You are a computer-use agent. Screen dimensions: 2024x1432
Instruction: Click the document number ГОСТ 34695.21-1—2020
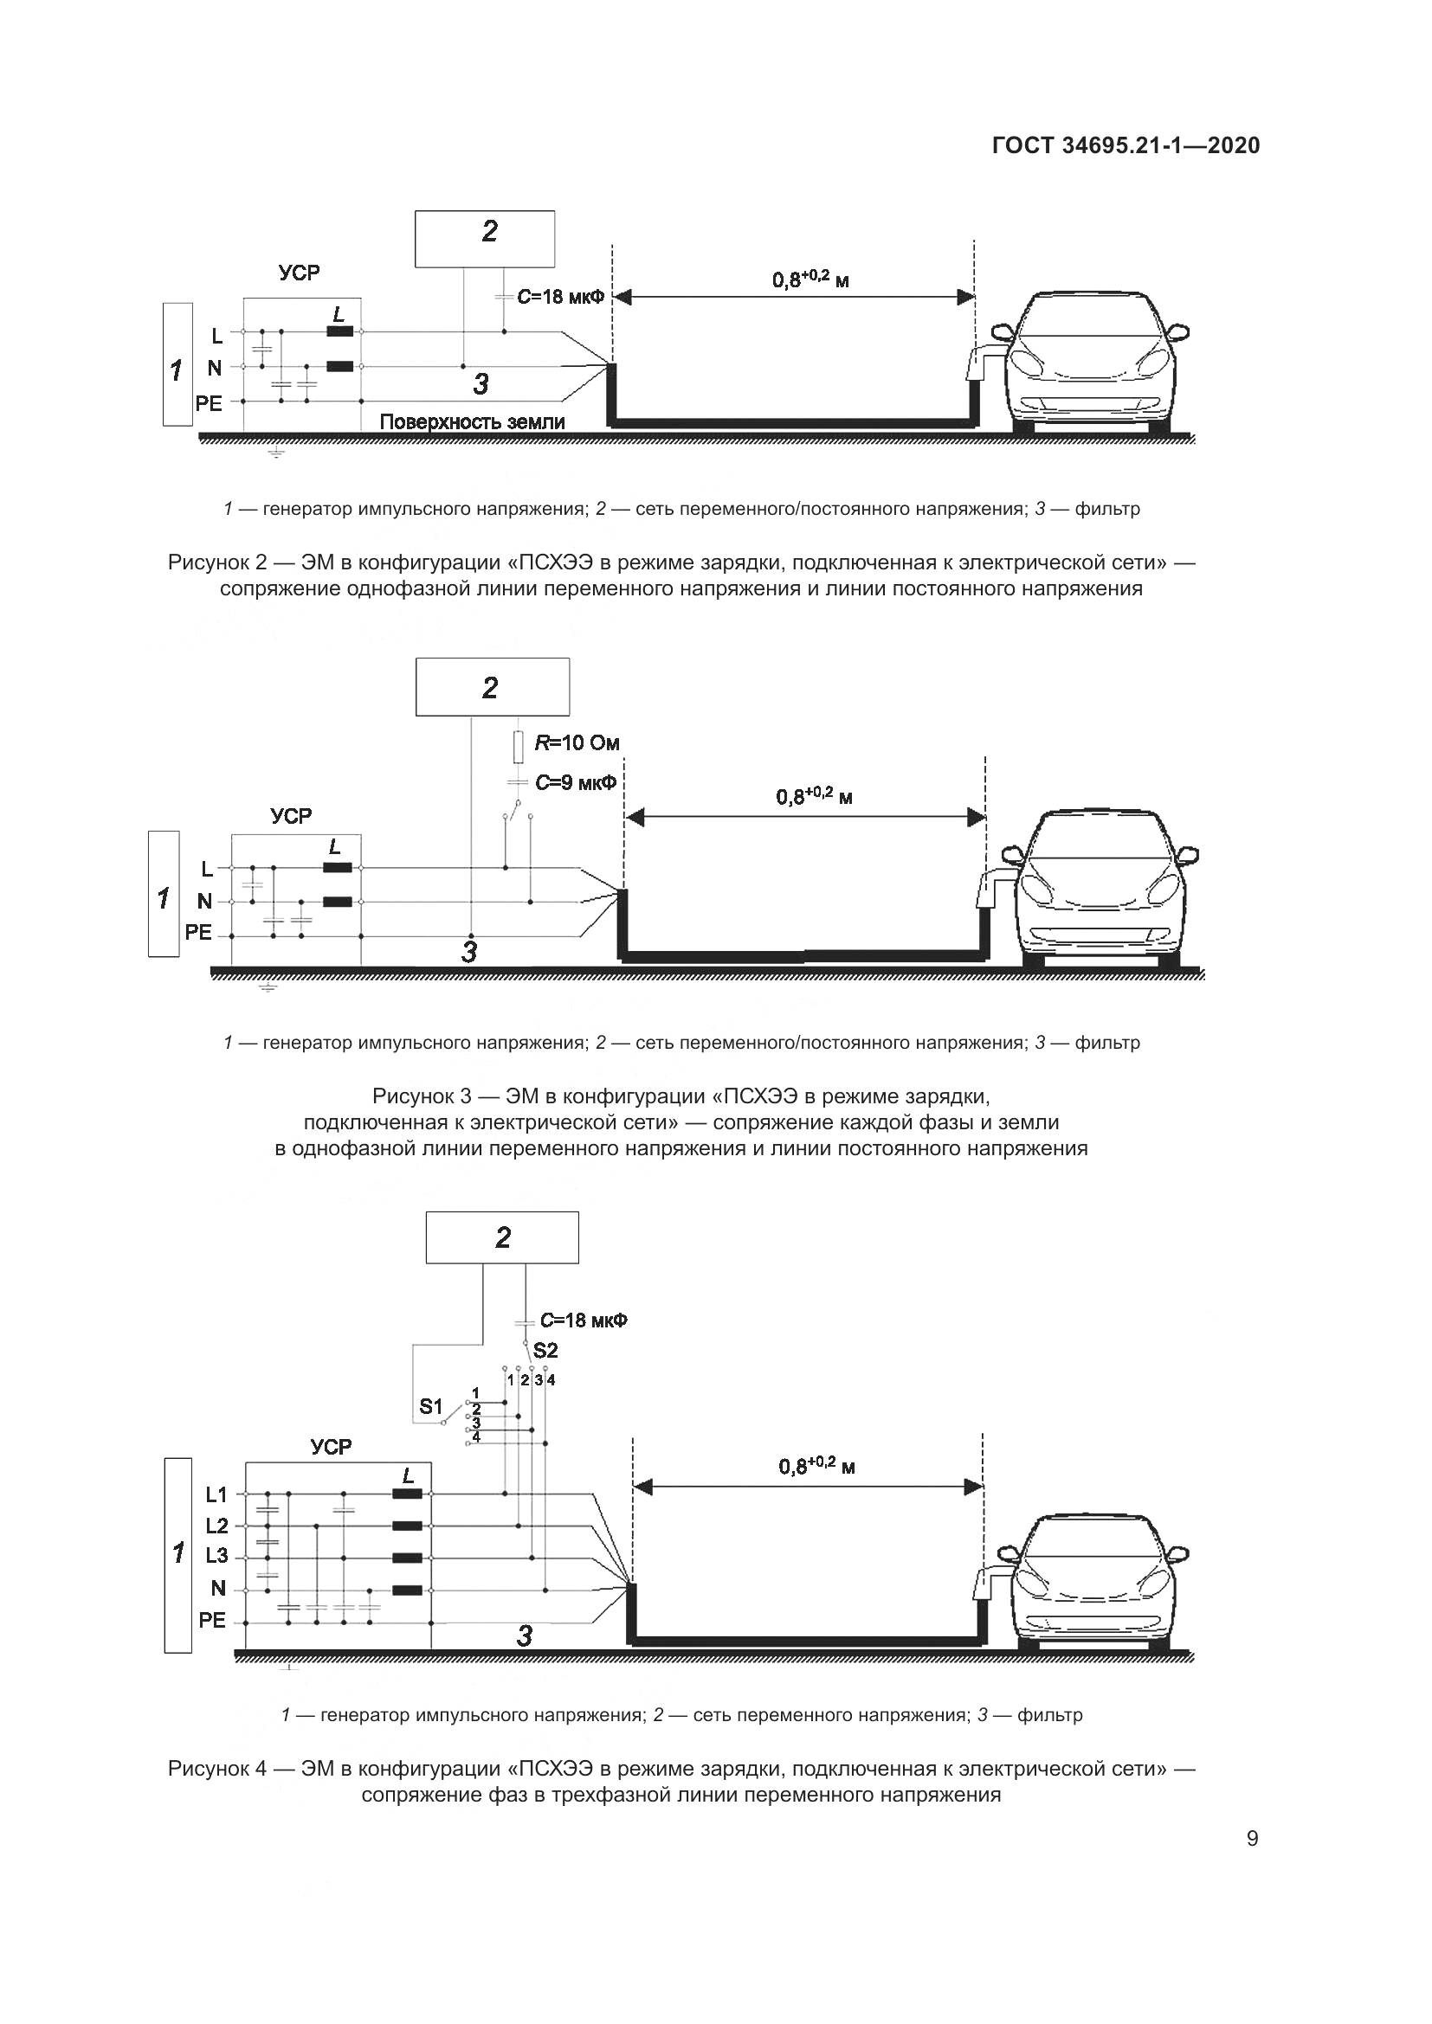1126,145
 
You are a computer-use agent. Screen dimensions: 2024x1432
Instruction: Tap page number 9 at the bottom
1252,1839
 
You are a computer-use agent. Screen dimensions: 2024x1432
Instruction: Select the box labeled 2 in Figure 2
485,238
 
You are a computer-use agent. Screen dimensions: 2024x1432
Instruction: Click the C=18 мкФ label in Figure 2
561,297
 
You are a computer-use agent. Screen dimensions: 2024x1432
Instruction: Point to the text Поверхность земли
472,422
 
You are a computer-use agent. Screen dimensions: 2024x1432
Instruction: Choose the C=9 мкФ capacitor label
575,782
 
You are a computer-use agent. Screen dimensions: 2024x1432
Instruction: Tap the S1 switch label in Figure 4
430,1407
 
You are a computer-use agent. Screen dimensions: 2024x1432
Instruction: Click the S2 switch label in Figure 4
545,1351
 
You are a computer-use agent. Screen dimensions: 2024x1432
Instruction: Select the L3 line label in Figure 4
217,1556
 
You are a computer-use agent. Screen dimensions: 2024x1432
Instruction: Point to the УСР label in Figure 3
291,816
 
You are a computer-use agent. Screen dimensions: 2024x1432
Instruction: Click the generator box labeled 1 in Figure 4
178,1555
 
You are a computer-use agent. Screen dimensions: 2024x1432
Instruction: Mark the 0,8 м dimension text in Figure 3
814,797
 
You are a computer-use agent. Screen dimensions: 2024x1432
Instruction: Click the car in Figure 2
1093,362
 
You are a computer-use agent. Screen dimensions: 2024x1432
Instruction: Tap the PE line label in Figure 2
209,403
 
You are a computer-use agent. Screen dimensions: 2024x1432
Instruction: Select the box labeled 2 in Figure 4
503,1237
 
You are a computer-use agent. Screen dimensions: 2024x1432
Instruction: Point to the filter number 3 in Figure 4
525,1636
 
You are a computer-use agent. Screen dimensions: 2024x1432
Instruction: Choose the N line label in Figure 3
204,901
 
